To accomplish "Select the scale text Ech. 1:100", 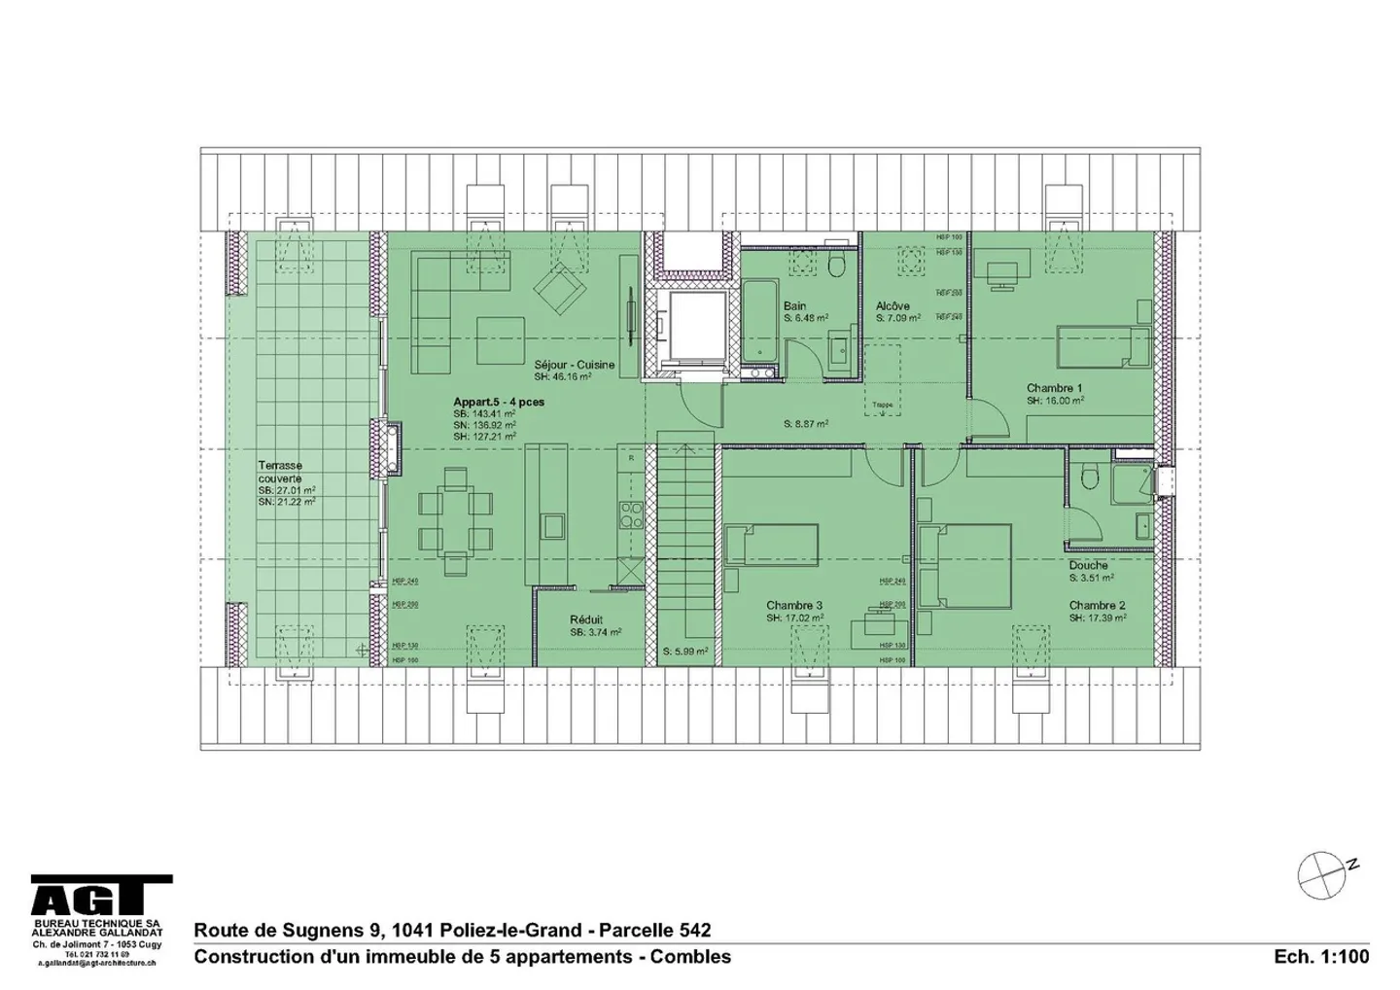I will pyautogui.click(x=1321, y=956).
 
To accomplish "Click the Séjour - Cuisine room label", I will pyautogui.click(x=574, y=365).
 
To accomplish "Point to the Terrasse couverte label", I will pyautogui.click(x=280, y=472).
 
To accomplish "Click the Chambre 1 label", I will pyautogui.click(x=1054, y=388).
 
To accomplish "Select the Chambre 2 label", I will pyautogui.click(x=1097, y=605).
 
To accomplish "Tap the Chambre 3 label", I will pyautogui.click(x=793, y=605).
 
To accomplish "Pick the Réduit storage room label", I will pyautogui.click(x=586, y=619).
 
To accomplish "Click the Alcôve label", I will pyautogui.click(x=892, y=305).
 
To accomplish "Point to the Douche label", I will pyautogui.click(x=1088, y=565).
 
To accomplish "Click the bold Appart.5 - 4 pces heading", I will pyautogui.click(x=499, y=402).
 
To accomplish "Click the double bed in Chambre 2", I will pyautogui.click(x=964, y=565).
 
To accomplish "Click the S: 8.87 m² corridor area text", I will pyautogui.click(x=806, y=424).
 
